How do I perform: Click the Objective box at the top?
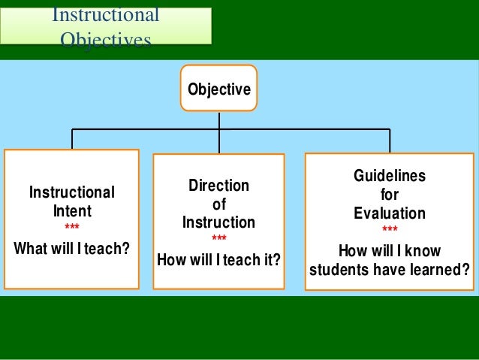coord(218,89)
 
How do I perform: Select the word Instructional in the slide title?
coord(105,15)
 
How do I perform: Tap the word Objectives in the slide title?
coord(105,39)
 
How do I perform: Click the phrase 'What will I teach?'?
coord(71,248)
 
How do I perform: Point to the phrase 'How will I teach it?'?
coord(218,260)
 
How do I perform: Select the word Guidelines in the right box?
coord(390,176)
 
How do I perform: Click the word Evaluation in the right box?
coord(390,213)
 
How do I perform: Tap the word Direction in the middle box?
coord(218,186)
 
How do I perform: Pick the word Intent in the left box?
coord(71,211)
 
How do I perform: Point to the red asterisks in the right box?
coord(390,230)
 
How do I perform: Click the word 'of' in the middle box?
coord(218,204)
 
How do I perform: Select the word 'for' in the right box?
coord(390,195)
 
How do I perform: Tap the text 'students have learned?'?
coord(390,269)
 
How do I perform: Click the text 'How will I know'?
coord(390,251)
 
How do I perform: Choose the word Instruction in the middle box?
coord(218,222)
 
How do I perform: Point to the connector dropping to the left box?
coord(72,139)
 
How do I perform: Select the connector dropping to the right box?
coord(390,141)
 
